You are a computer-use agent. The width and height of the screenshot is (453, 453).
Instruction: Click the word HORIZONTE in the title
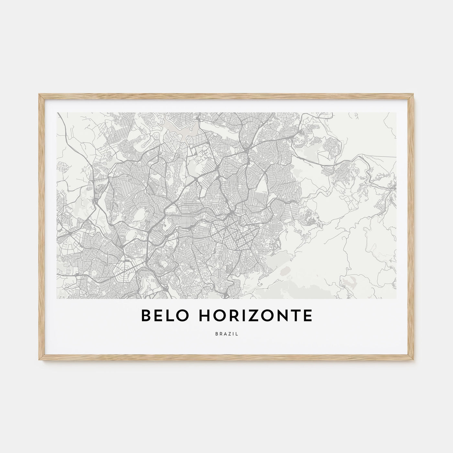pyautogui.click(x=256, y=316)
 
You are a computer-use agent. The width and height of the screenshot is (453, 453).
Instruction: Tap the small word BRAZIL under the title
pyautogui.click(x=226, y=334)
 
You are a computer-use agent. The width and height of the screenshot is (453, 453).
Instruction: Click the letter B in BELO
pyautogui.click(x=147, y=316)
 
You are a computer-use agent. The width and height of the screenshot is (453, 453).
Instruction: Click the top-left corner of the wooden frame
pyautogui.click(x=39, y=94)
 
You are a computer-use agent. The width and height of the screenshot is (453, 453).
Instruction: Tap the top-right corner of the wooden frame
pyautogui.click(x=414, y=94)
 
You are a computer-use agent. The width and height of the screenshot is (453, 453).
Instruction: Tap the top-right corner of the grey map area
pyautogui.click(x=396, y=113)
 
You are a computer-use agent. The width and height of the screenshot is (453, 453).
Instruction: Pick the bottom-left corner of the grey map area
pyautogui.click(x=57, y=298)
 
